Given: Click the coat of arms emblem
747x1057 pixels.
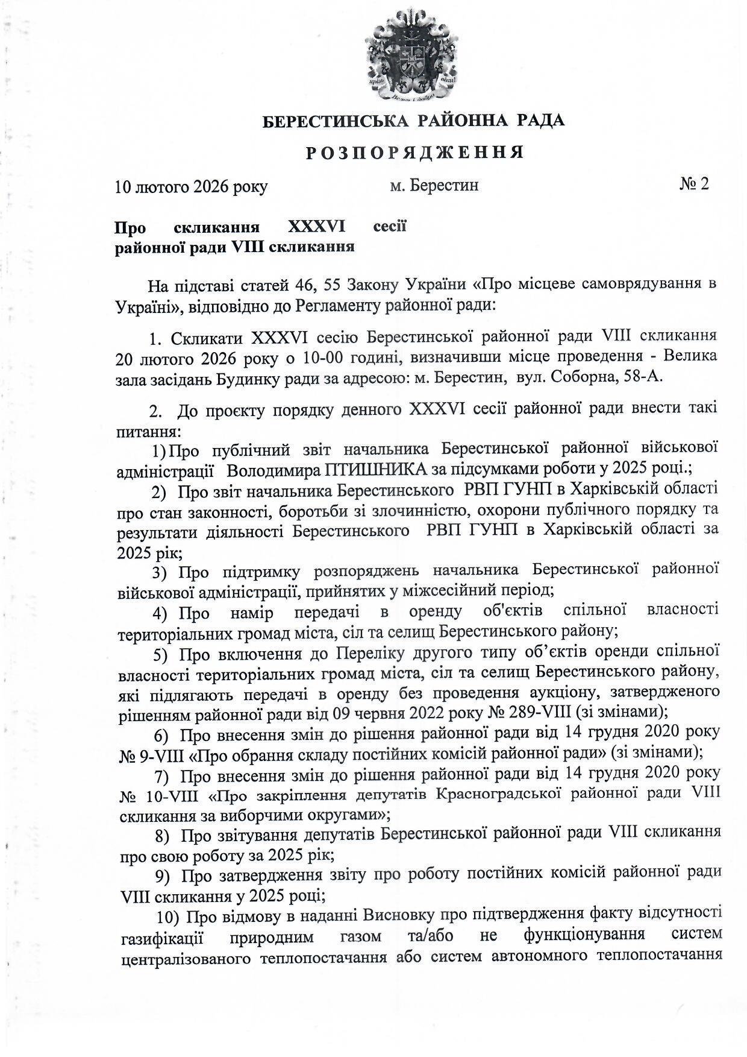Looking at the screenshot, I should pyautogui.click(x=413, y=58).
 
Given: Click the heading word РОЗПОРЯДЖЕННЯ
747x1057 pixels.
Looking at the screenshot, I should pyautogui.click(x=414, y=153).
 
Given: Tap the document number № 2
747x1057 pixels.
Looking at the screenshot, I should pyautogui.click(x=694, y=184).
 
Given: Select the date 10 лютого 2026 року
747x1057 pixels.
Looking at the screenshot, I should pyautogui.click(x=191, y=186).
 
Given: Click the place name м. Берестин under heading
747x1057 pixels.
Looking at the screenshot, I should pyautogui.click(x=434, y=185).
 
